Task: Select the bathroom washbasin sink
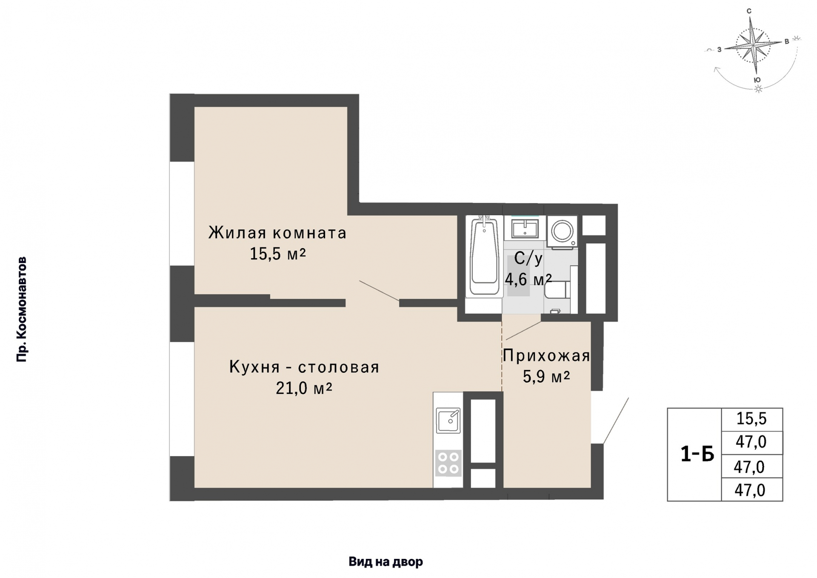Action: (x=525, y=229)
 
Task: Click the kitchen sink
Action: (x=448, y=420)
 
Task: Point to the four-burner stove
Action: (x=448, y=463)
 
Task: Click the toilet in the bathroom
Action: (x=557, y=290)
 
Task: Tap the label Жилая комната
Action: (x=277, y=233)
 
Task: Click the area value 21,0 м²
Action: (x=304, y=388)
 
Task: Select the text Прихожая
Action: (x=546, y=355)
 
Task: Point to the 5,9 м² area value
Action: (x=546, y=377)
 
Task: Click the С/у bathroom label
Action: (x=528, y=259)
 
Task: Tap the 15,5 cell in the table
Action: (x=751, y=419)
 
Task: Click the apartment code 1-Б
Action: (x=697, y=454)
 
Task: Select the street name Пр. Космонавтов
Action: (x=22, y=309)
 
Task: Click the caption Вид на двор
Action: (x=386, y=562)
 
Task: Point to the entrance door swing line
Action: (x=616, y=421)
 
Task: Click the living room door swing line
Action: (x=379, y=291)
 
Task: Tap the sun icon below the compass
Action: (x=758, y=89)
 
